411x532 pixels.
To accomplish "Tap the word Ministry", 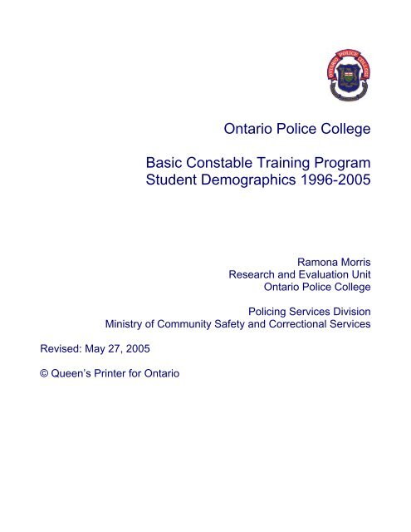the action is point(125,323).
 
